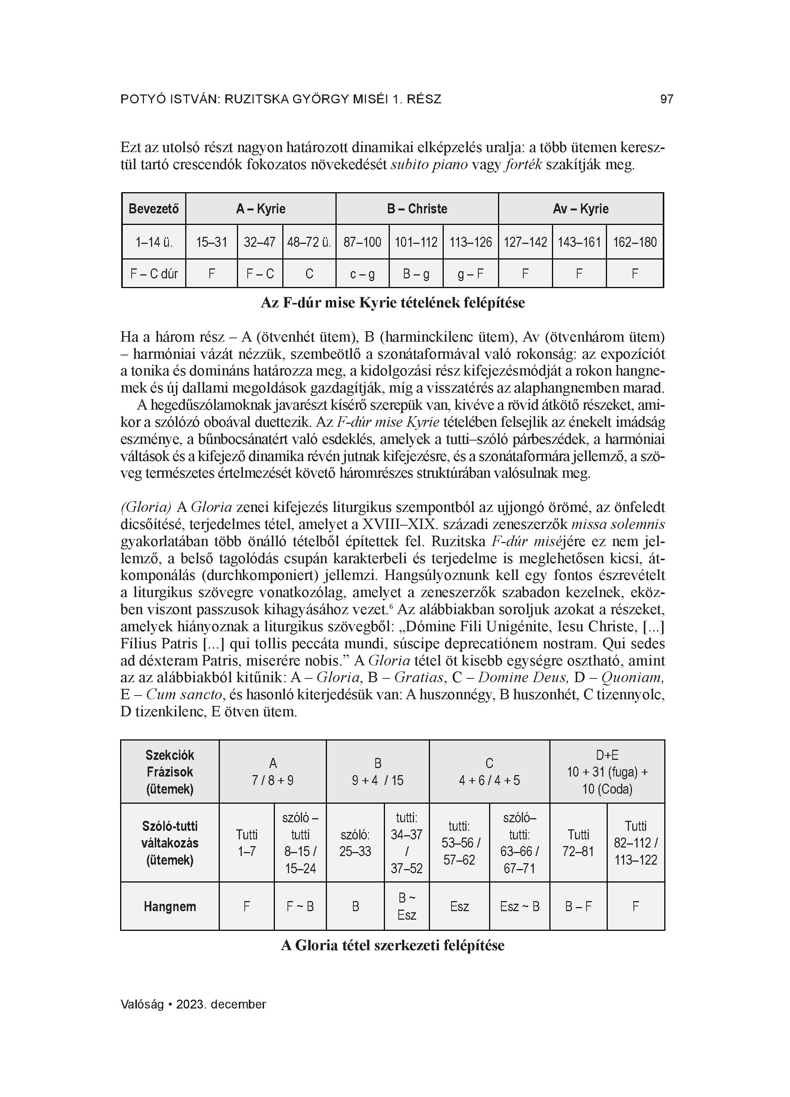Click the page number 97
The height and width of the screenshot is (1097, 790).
pyautogui.click(x=667, y=100)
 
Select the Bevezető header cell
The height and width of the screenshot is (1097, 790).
pyautogui.click(x=154, y=209)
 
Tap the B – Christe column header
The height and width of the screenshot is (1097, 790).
pyautogui.click(x=417, y=209)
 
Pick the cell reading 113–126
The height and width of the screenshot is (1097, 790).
pyautogui.click(x=471, y=242)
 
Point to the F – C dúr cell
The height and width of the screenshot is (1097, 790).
pyautogui.click(x=154, y=274)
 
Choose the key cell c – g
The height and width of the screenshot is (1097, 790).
pyautogui.click(x=363, y=274)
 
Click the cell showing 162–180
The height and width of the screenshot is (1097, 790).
pyautogui.click(x=635, y=242)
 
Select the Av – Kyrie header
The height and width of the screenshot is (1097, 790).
pyautogui.click(x=580, y=209)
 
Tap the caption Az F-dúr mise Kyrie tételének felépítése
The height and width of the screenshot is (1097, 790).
pyautogui.click(x=392, y=303)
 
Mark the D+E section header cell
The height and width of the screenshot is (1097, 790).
pyautogui.click(x=607, y=772)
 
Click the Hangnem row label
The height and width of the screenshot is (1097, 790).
pyautogui.click(x=170, y=906)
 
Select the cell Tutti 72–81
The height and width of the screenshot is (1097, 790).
pyautogui.click(x=578, y=843)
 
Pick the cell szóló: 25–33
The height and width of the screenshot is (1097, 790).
pyautogui.click(x=355, y=843)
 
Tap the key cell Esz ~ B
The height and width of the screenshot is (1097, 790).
pyautogui.click(x=519, y=906)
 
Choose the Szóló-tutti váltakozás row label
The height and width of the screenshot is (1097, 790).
pyautogui.click(x=170, y=843)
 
